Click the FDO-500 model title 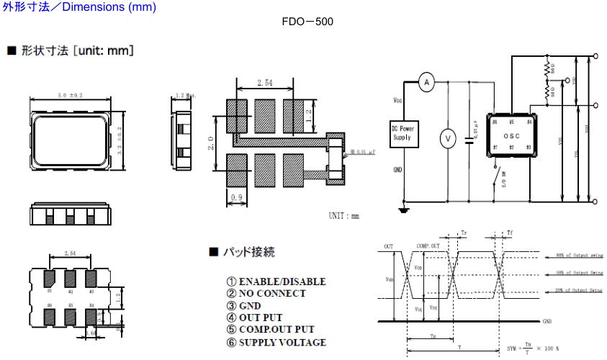point(309,22)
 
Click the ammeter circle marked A point(426,84)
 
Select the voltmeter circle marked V point(446,136)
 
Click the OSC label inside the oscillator point(510,135)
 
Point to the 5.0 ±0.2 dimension point(71,96)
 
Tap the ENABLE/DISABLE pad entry point(276,281)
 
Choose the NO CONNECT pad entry point(271,293)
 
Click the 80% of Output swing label point(578,254)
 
